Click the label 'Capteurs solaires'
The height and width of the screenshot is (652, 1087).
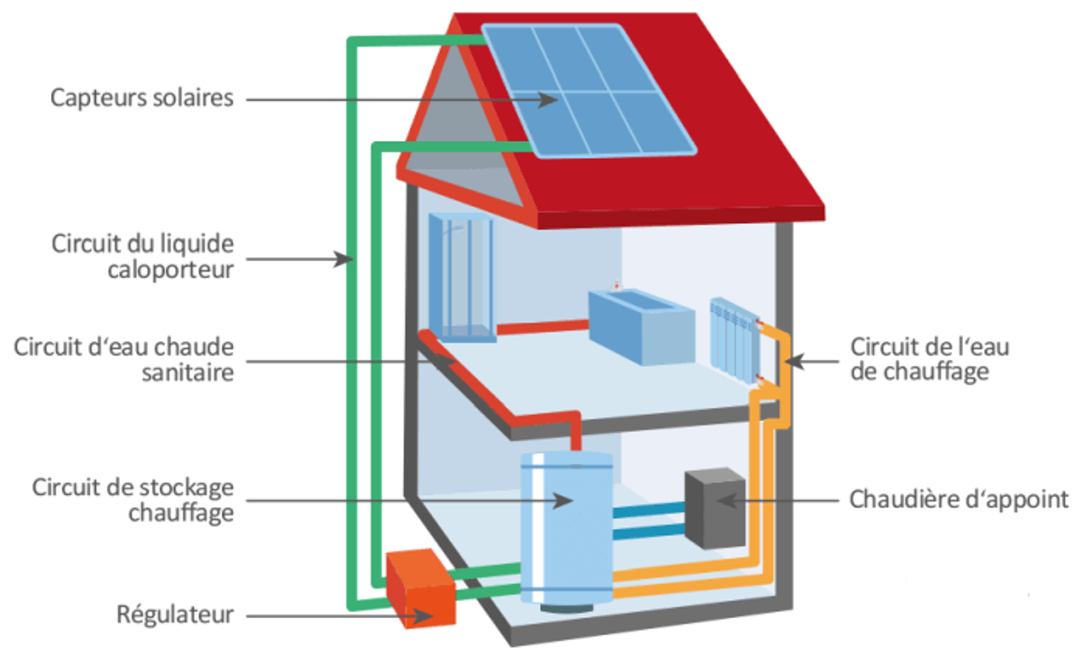pyautogui.click(x=141, y=98)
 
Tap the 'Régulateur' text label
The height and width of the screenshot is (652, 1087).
pyautogui.click(x=175, y=614)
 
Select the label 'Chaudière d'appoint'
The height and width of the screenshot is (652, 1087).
pyautogui.click(x=959, y=499)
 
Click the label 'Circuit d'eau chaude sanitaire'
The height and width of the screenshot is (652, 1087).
pyautogui.click(x=123, y=360)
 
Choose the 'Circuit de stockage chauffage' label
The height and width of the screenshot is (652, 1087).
pyautogui.click(x=132, y=500)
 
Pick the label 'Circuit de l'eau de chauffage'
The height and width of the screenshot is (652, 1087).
pyautogui.click(x=919, y=359)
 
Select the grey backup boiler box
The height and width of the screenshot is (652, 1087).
pyautogui.click(x=715, y=507)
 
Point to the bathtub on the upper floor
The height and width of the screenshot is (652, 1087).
pyautogui.click(x=639, y=325)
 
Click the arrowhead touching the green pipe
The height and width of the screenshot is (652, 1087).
pyautogui.click(x=344, y=259)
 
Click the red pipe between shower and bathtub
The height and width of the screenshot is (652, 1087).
pyautogui.click(x=542, y=325)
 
